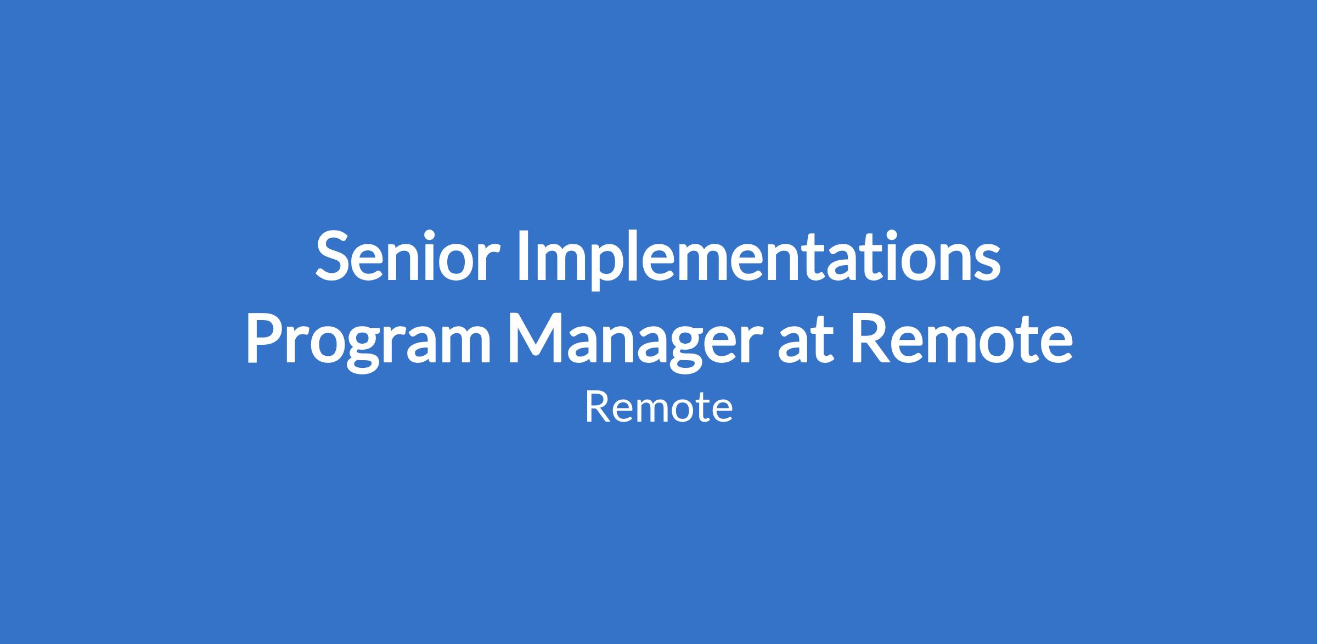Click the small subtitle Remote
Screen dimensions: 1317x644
[658, 408]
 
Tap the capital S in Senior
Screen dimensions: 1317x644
[334, 255]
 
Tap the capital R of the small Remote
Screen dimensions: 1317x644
[595, 408]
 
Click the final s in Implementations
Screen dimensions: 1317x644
[986, 264]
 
